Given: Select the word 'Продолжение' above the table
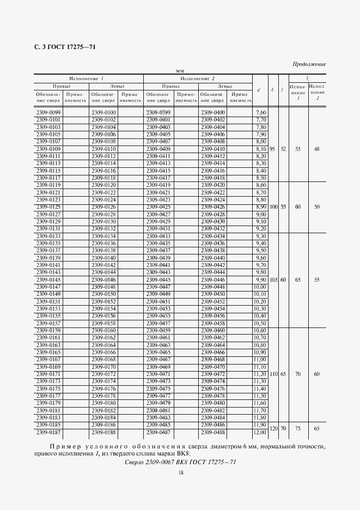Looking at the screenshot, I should tap(309, 64).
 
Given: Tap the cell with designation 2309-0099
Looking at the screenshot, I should tap(48, 112).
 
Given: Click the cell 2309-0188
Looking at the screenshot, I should tap(103, 432).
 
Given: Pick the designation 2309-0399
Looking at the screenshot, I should tap(158, 112).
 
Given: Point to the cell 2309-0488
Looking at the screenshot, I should tap(212, 432).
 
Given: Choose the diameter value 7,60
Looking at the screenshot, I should tap(260, 112).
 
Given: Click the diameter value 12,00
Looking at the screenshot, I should tap(260, 432).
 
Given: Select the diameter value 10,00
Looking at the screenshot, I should tap(260, 287).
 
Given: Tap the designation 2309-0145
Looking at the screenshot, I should tap(48, 280).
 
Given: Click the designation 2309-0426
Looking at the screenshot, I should tap(212, 207).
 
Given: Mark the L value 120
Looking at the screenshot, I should tap(273, 429).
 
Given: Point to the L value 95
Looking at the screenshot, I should tap(272, 149).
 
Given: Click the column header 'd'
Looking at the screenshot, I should tap(258, 90).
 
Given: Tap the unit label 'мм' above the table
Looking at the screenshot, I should tap(179, 71).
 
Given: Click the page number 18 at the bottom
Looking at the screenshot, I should tap(180, 472).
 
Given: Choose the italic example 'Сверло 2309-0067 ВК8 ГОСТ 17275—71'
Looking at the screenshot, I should tap(179, 462).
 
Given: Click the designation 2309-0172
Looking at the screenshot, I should tap(103, 374).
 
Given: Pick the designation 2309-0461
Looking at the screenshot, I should tap(158, 338).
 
